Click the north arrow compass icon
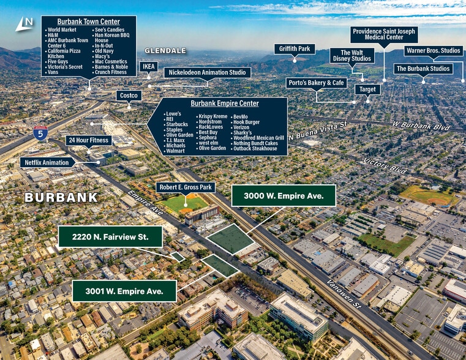click(x=24, y=23)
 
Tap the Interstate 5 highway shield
click(x=40, y=133)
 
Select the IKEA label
click(x=149, y=67)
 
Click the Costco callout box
click(x=129, y=96)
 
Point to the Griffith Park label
click(x=295, y=49)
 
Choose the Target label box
click(x=367, y=89)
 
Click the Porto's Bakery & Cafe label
click(x=317, y=83)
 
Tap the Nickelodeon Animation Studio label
click(x=207, y=72)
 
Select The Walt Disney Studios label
click(x=351, y=56)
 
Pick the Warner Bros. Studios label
click(x=433, y=50)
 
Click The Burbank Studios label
click(x=423, y=69)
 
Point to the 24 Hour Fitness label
click(x=89, y=140)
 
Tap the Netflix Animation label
click(x=48, y=163)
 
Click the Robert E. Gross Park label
click(x=185, y=187)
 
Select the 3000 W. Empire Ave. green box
click(x=284, y=196)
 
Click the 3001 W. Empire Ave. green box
click(x=124, y=291)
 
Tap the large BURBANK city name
click(x=61, y=197)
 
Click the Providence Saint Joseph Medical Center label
click(x=384, y=34)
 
